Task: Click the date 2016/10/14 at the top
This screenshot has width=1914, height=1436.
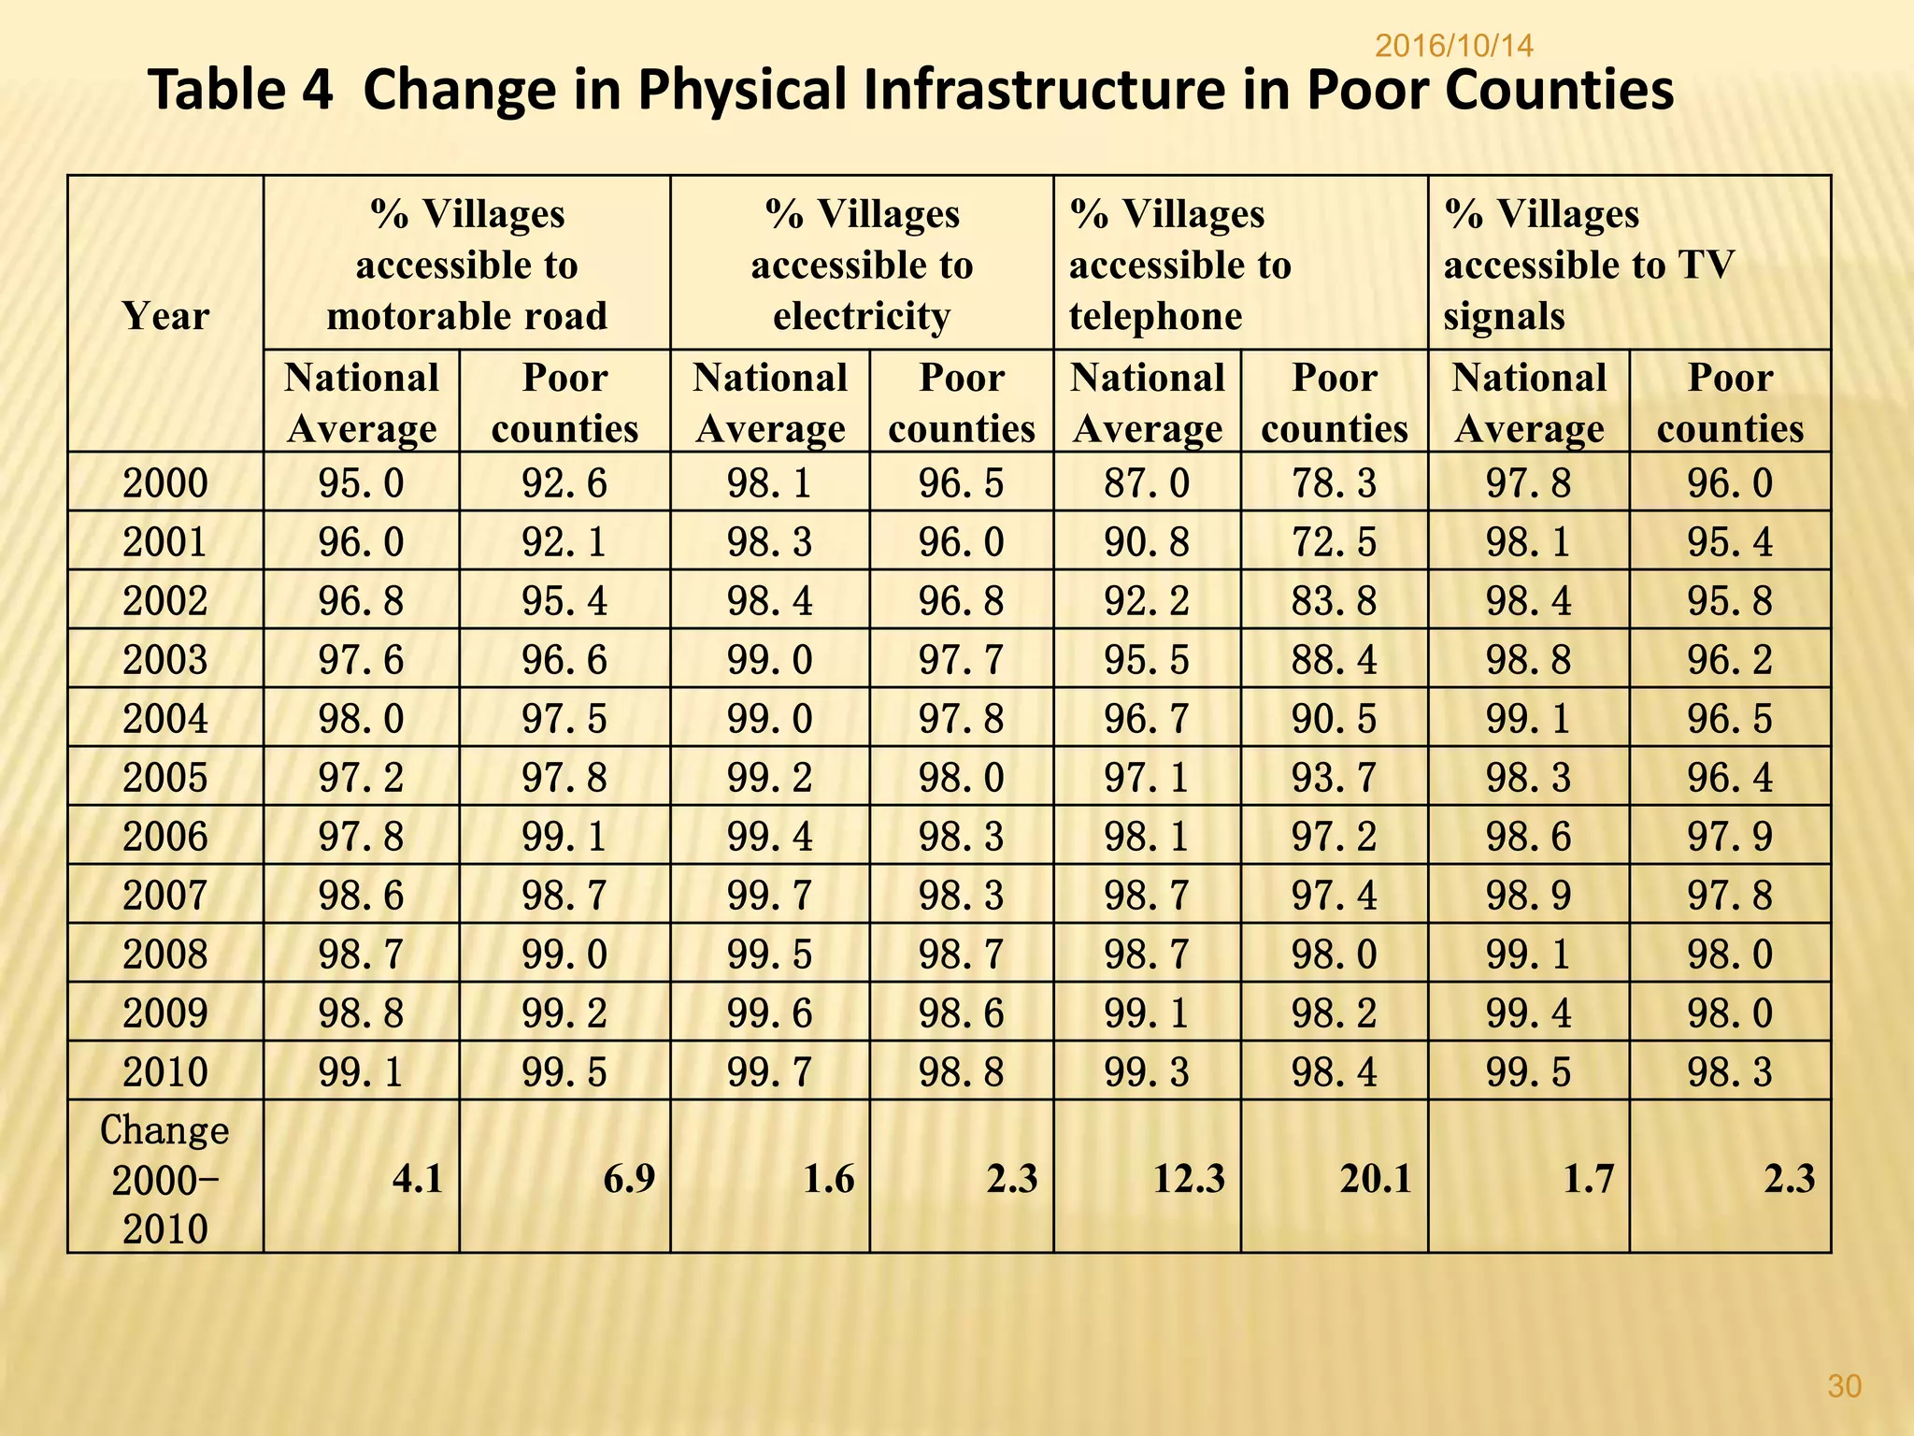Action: click(x=1454, y=45)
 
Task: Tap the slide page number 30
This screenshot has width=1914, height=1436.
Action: click(x=1844, y=1386)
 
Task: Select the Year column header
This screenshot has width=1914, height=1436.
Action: click(x=165, y=316)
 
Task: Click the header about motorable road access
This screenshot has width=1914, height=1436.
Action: click(x=466, y=265)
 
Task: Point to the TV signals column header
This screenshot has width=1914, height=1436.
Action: click(x=1589, y=265)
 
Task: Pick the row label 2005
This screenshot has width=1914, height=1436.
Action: click(x=165, y=777)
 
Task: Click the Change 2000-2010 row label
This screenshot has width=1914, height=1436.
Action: click(x=165, y=1178)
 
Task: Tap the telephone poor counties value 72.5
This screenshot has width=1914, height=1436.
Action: click(x=1334, y=542)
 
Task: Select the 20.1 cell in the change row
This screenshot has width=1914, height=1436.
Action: click(x=1375, y=1179)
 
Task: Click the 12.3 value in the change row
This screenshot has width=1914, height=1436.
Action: click(x=1188, y=1179)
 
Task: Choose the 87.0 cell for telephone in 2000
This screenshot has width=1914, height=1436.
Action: click(x=1147, y=483)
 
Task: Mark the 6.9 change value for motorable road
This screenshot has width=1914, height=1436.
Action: click(x=628, y=1179)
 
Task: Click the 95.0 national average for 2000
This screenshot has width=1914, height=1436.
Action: click(x=361, y=483)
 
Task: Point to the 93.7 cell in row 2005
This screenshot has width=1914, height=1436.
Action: click(x=1334, y=777)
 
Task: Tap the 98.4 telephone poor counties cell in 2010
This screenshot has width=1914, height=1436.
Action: click(x=1334, y=1071)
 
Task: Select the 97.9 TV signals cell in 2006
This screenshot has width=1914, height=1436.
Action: click(x=1729, y=836)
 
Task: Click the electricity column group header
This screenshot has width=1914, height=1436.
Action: click(x=862, y=265)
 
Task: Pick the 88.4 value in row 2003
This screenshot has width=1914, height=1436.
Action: click(x=1334, y=660)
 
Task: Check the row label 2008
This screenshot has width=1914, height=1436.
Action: click(x=165, y=954)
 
